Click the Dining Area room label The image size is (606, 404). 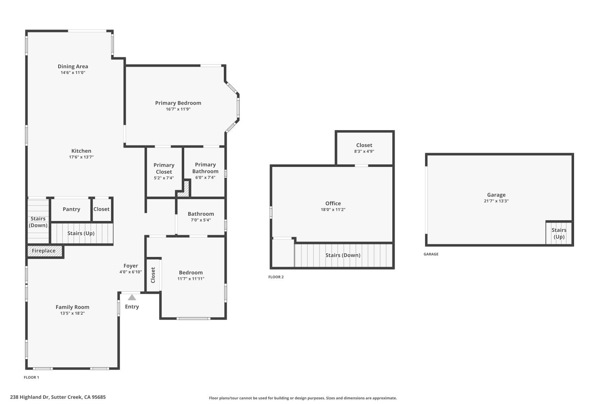pyautogui.click(x=73, y=66)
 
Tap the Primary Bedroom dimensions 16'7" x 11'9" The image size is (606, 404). pyautogui.click(x=178, y=109)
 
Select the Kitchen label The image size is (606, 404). pyautogui.click(x=81, y=151)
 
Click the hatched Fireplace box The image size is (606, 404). pyautogui.click(x=44, y=251)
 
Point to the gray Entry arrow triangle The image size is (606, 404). pyautogui.click(x=132, y=297)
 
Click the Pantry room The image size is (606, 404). pyautogui.click(x=71, y=209)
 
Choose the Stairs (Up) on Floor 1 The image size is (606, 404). pyautogui.click(x=81, y=233)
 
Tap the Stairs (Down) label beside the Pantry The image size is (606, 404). pyautogui.click(x=38, y=222)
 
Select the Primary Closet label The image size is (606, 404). pyautogui.click(x=164, y=168)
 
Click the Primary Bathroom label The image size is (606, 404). pyautogui.click(x=205, y=168)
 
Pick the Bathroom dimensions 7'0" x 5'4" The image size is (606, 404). pyautogui.click(x=201, y=220)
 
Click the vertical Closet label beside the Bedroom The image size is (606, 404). pyautogui.click(x=153, y=275)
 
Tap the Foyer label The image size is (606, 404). pyautogui.click(x=130, y=266)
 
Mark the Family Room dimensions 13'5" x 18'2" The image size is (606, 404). pyautogui.click(x=72, y=313)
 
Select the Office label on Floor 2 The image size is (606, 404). pyautogui.click(x=333, y=203)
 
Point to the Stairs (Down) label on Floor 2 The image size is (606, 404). pyautogui.click(x=343, y=255)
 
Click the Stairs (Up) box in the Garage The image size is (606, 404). pyautogui.click(x=559, y=233)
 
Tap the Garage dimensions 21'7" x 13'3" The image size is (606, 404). pyautogui.click(x=496, y=201)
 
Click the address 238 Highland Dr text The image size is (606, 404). pyautogui.click(x=58, y=397)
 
